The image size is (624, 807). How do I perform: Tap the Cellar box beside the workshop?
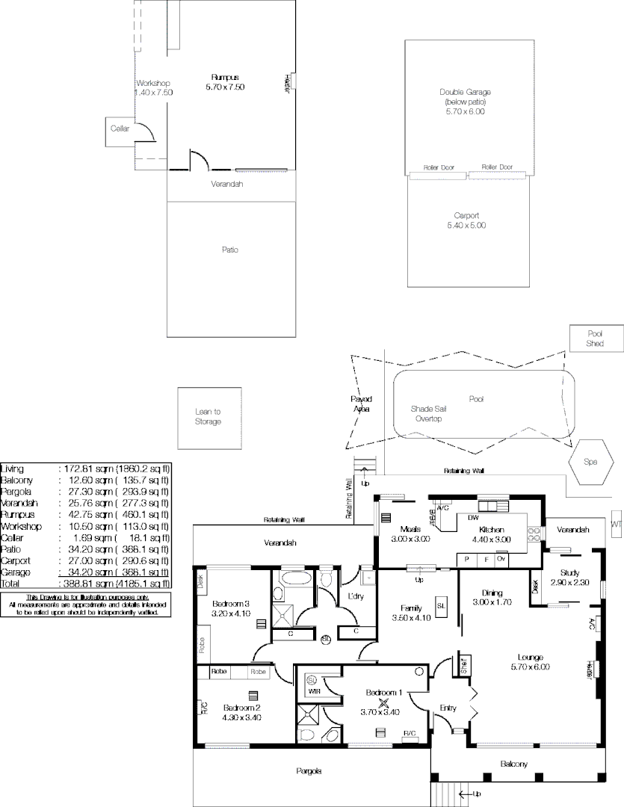coord(120,130)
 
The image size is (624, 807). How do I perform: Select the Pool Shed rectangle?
coord(595,338)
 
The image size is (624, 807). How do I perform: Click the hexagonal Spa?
coord(590,462)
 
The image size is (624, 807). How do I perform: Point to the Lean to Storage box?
coord(208,417)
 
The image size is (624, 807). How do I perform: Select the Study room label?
coord(569,573)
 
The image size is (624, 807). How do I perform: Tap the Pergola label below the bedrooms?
coord(308,771)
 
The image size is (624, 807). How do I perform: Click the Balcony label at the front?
coord(513,764)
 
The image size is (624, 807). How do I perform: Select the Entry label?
coord(448,708)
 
